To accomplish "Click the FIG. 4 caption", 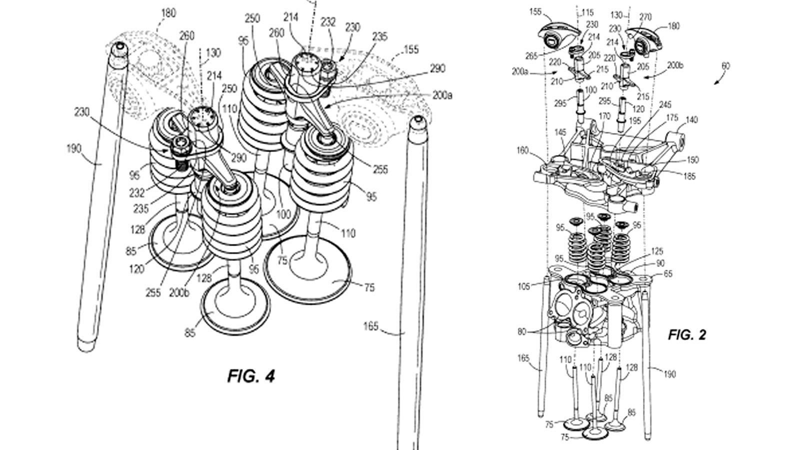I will [x=251, y=375].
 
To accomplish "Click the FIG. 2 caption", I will [x=687, y=335].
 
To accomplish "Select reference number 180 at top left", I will [x=168, y=13].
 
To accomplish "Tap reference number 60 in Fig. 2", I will [x=725, y=66].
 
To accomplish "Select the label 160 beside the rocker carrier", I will [x=522, y=149].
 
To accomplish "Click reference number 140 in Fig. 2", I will [x=692, y=120].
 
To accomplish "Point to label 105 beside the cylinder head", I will [x=523, y=286].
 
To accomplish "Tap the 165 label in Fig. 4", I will [x=370, y=327].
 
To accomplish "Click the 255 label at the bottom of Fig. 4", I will [x=152, y=292].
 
